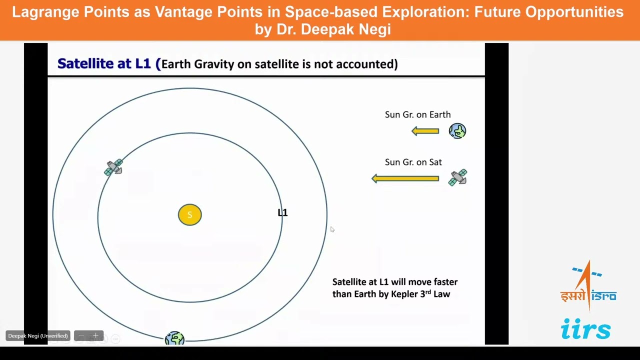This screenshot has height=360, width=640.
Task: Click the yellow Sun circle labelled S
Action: [189, 215]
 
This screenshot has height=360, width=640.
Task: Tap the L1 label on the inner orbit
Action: [282, 212]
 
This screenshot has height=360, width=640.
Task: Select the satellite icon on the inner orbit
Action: [114, 167]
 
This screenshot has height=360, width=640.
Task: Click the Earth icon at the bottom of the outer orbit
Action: [174, 338]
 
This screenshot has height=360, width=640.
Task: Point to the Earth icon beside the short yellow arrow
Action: [457, 131]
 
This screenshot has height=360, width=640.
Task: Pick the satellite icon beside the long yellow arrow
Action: [458, 177]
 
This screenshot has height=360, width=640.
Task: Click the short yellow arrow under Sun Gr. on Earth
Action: [425, 131]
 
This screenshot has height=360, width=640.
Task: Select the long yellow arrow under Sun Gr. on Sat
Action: [405, 178]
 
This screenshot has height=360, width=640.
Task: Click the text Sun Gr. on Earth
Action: [417, 114]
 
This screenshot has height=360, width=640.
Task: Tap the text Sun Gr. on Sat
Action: [413, 162]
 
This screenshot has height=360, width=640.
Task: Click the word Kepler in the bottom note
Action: [405, 294]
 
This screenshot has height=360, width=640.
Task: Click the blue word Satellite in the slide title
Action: [85, 63]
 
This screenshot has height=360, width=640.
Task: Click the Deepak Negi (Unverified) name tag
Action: [38, 336]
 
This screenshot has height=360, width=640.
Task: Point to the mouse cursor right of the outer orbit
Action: [331, 228]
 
